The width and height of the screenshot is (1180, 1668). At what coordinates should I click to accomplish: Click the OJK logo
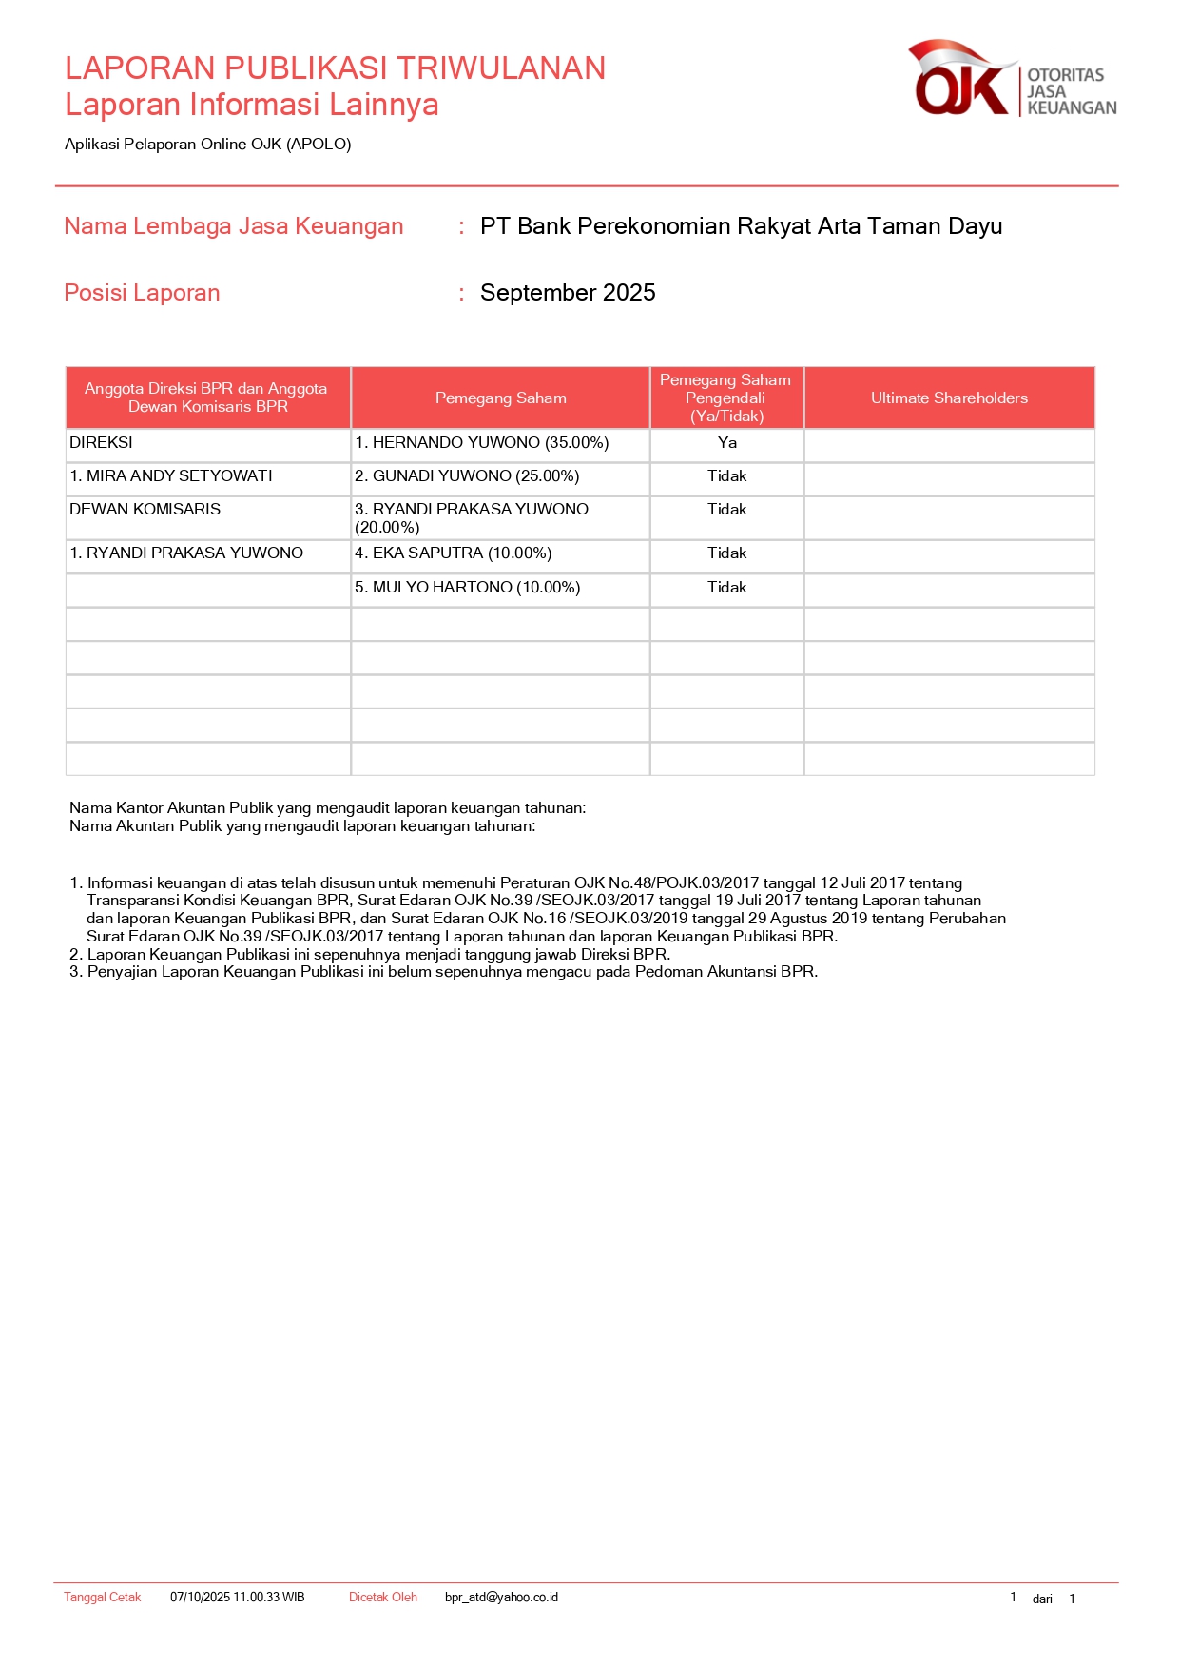tap(1012, 79)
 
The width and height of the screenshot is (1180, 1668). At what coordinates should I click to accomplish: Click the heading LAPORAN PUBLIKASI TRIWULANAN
tap(335, 68)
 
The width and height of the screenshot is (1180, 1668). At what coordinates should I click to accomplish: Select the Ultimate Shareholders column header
tap(949, 398)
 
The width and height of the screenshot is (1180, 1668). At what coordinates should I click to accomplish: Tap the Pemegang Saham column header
tap(500, 398)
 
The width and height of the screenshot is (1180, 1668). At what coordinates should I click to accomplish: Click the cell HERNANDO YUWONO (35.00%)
tap(481, 443)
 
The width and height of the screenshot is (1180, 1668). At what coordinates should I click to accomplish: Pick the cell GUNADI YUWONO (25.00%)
tap(467, 476)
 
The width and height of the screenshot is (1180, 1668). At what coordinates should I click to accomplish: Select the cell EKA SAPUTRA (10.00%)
tap(453, 553)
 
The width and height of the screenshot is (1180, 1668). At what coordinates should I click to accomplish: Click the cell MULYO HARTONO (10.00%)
tap(467, 588)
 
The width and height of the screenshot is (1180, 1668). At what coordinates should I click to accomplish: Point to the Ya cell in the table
tap(727, 443)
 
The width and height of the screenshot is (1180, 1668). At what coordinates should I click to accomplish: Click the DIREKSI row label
tap(102, 443)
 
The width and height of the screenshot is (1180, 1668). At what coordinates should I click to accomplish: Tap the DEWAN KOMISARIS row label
tap(145, 510)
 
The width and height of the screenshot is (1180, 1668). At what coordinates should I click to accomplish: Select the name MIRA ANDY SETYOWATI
tap(171, 476)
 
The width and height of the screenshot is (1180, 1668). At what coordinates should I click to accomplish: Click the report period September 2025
tap(568, 293)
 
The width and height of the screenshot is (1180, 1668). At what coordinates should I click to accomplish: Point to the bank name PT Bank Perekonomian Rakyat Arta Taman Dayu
tap(741, 226)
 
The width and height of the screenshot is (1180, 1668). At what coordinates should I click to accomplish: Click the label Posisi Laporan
tap(142, 293)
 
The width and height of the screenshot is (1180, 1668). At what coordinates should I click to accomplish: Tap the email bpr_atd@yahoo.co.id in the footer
tap(501, 1598)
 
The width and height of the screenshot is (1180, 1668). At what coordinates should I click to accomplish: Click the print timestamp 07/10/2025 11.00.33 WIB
tap(238, 1598)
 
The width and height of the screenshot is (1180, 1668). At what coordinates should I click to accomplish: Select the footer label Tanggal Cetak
tap(103, 1598)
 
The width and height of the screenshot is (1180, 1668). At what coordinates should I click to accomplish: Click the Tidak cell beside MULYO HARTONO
tap(727, 588)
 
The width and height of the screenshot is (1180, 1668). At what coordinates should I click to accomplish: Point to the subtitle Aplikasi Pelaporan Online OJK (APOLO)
tap(208, 145)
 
